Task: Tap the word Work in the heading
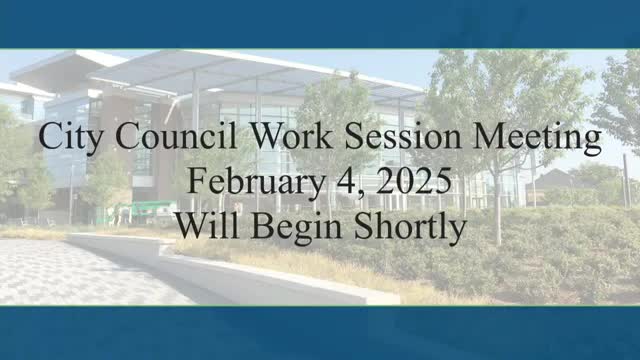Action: click(292, 135)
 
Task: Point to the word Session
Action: click(403, 136)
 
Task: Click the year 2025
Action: click(414, 181)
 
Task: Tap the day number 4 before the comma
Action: click(346, 181)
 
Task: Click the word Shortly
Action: click(410, 228)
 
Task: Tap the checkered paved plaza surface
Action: click(82, 271)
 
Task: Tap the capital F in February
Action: click(196, 181)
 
